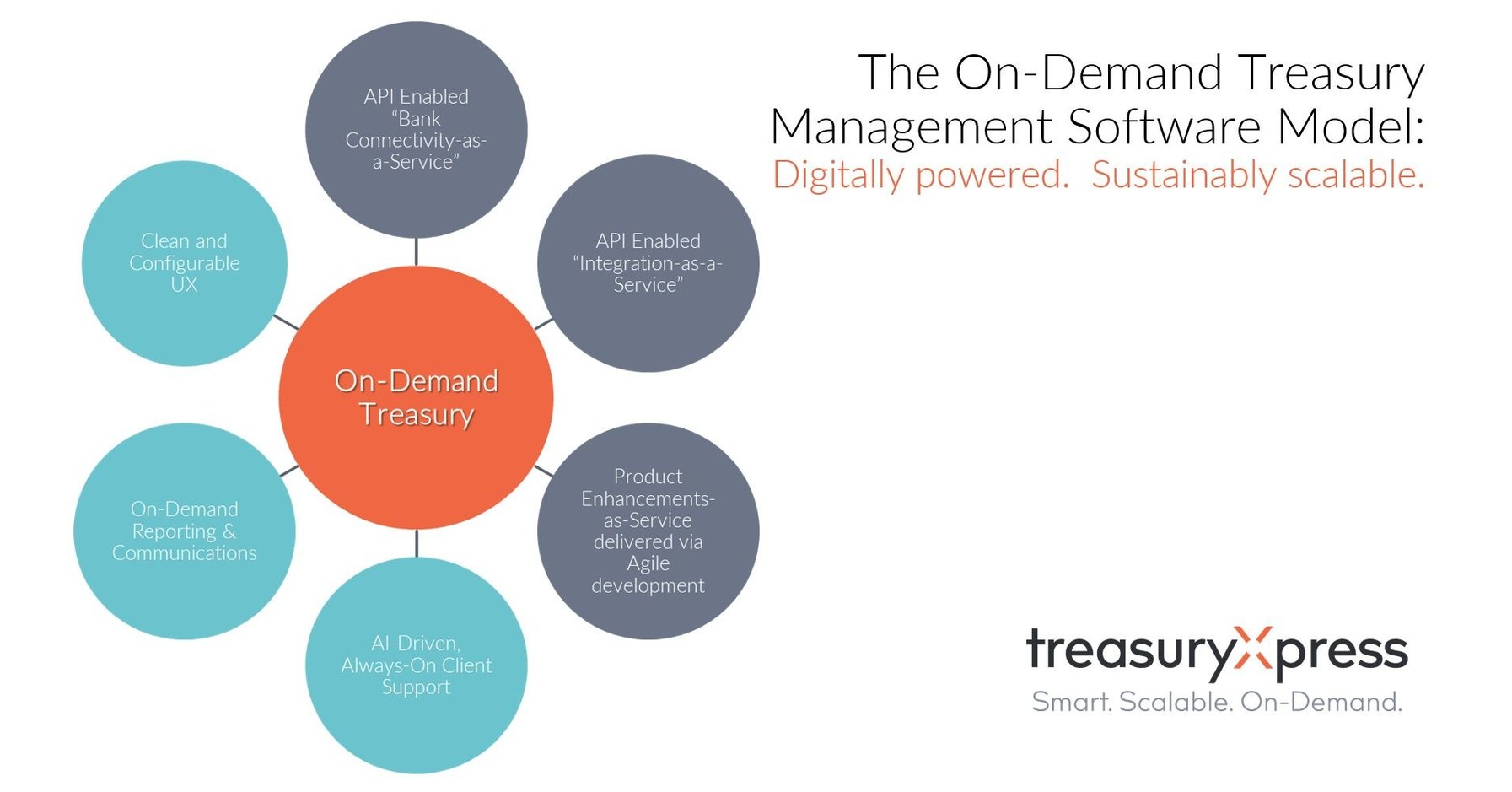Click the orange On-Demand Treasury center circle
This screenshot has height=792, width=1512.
[416, 397]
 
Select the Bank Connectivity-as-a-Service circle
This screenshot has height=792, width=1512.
[416, 130]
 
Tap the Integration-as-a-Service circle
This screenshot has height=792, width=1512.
[648, 263]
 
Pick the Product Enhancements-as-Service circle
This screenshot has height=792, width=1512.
[648, 531]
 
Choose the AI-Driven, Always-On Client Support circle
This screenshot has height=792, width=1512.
[416, 665]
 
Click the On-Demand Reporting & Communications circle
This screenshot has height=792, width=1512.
[185, 531]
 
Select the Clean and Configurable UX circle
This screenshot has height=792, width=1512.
[185, 263]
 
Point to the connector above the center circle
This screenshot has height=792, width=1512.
[416, 252]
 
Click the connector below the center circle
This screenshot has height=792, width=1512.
[416, 543]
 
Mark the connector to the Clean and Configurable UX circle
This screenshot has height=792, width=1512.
[286, 322]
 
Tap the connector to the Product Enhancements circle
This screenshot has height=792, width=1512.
[545, 471]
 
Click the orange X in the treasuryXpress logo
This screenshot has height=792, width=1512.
[1252, 649]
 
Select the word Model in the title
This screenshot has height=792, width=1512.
[1350, 127]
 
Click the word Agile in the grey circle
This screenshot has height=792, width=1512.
[648, 563]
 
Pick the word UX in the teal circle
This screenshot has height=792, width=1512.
[184, 284]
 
